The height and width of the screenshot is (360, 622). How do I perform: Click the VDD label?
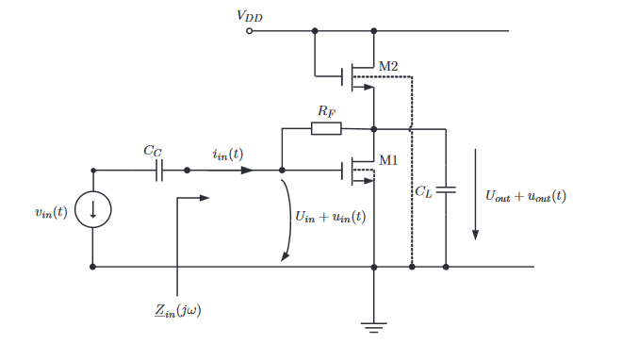click(250, 16)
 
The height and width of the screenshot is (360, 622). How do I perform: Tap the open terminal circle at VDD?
click(249, 31)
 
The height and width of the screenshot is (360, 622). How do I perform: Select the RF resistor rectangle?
click(326, 128)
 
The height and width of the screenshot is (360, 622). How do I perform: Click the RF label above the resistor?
click(326, 111)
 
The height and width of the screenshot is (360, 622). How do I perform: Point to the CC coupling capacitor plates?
click(159, 171)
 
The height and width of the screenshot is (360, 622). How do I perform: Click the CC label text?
click(153, 151)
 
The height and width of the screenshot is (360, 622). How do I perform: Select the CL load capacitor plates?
click(446, 190)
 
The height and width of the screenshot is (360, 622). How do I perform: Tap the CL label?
click(424, 192)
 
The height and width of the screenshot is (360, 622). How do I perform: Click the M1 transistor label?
click(388, 160)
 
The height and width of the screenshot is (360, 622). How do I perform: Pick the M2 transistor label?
click(388, 66)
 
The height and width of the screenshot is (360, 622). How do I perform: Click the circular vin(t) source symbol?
click(92, 209)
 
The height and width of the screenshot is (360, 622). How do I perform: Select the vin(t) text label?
click(51, 213)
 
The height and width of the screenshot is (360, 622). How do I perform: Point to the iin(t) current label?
click(228, 155)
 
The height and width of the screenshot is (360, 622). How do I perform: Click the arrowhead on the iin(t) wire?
click(247, 171)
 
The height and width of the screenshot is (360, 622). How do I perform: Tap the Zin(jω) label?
click(178, 310)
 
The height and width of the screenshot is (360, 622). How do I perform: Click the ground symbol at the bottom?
click(374, 328)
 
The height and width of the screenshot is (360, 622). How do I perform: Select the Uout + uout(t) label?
click(526, 196)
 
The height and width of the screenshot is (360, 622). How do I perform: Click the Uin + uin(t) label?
click(331, 217)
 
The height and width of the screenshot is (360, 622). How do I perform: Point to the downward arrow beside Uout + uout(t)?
click(475, 194)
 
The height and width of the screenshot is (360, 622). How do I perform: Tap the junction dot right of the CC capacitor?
click(188, 171)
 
